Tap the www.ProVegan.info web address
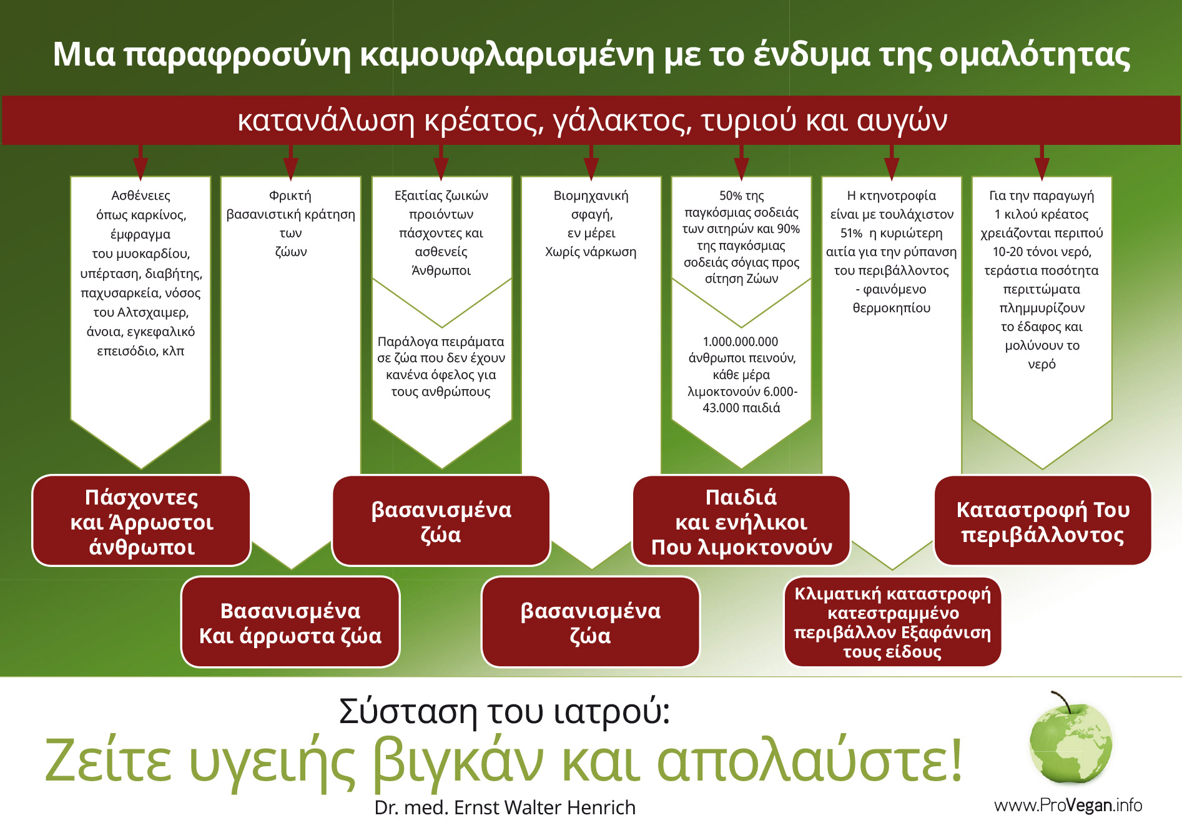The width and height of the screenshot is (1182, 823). click(1068, 805)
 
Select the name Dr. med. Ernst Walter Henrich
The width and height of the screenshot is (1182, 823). click(505, 807)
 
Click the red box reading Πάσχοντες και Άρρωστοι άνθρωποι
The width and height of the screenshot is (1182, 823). click(141, 521)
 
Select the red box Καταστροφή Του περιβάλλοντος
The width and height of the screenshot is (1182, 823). click(1043, 521)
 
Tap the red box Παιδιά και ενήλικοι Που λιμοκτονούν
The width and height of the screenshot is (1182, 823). click(741, 521)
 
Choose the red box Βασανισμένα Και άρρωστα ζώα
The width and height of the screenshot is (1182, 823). click(290, 622)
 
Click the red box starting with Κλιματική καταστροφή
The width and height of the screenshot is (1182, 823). click(892, 622)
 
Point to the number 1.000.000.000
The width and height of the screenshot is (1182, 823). click(741, 342)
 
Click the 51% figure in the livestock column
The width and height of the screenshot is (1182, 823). click(852, 234)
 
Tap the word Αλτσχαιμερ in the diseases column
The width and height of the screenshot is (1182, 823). click(153, 312)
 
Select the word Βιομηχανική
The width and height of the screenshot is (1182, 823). click(591, 196)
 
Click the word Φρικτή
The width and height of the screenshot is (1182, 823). click(290, 196)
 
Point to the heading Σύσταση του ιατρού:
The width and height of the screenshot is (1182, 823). click(505, 711)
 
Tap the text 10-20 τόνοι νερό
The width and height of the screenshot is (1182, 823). click(1042, 252)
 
